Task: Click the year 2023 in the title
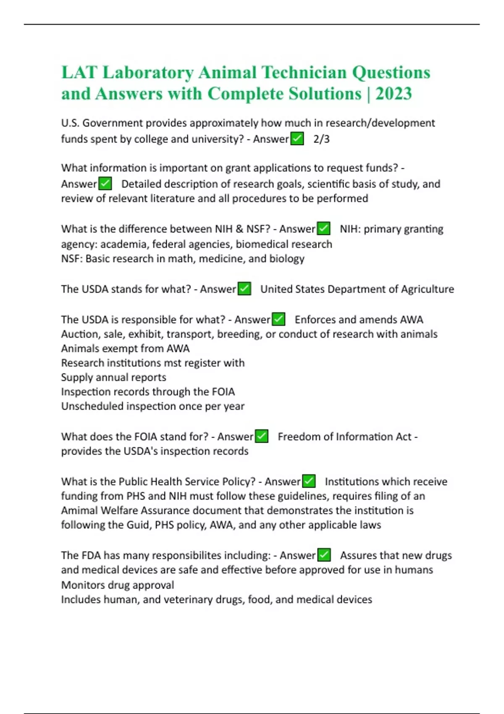pyautogui.click(x=394, y=94)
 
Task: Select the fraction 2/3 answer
pyautogui.click(x=321, y=139)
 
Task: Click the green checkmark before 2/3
pyautogui.click(x=297, y=139)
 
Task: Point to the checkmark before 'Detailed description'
pyautogui.click(x=105, y=184)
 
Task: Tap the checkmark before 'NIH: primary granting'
pyautogui.click(x=323, y=228)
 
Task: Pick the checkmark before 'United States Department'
pyautogui.click(x=244, y=289)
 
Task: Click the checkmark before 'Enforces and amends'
pyautogui.click(x=278, y=319)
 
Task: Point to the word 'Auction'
pyautogui.click(x=79, y=334)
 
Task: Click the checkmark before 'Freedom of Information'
pyautogui.click(x=261, y=436)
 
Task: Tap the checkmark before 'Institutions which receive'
pyautogui.click(x=309, y=481)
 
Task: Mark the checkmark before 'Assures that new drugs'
pyautogui.click(x=324, y=555)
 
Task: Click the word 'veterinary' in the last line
pyautogui.click(x=188, y=599)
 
